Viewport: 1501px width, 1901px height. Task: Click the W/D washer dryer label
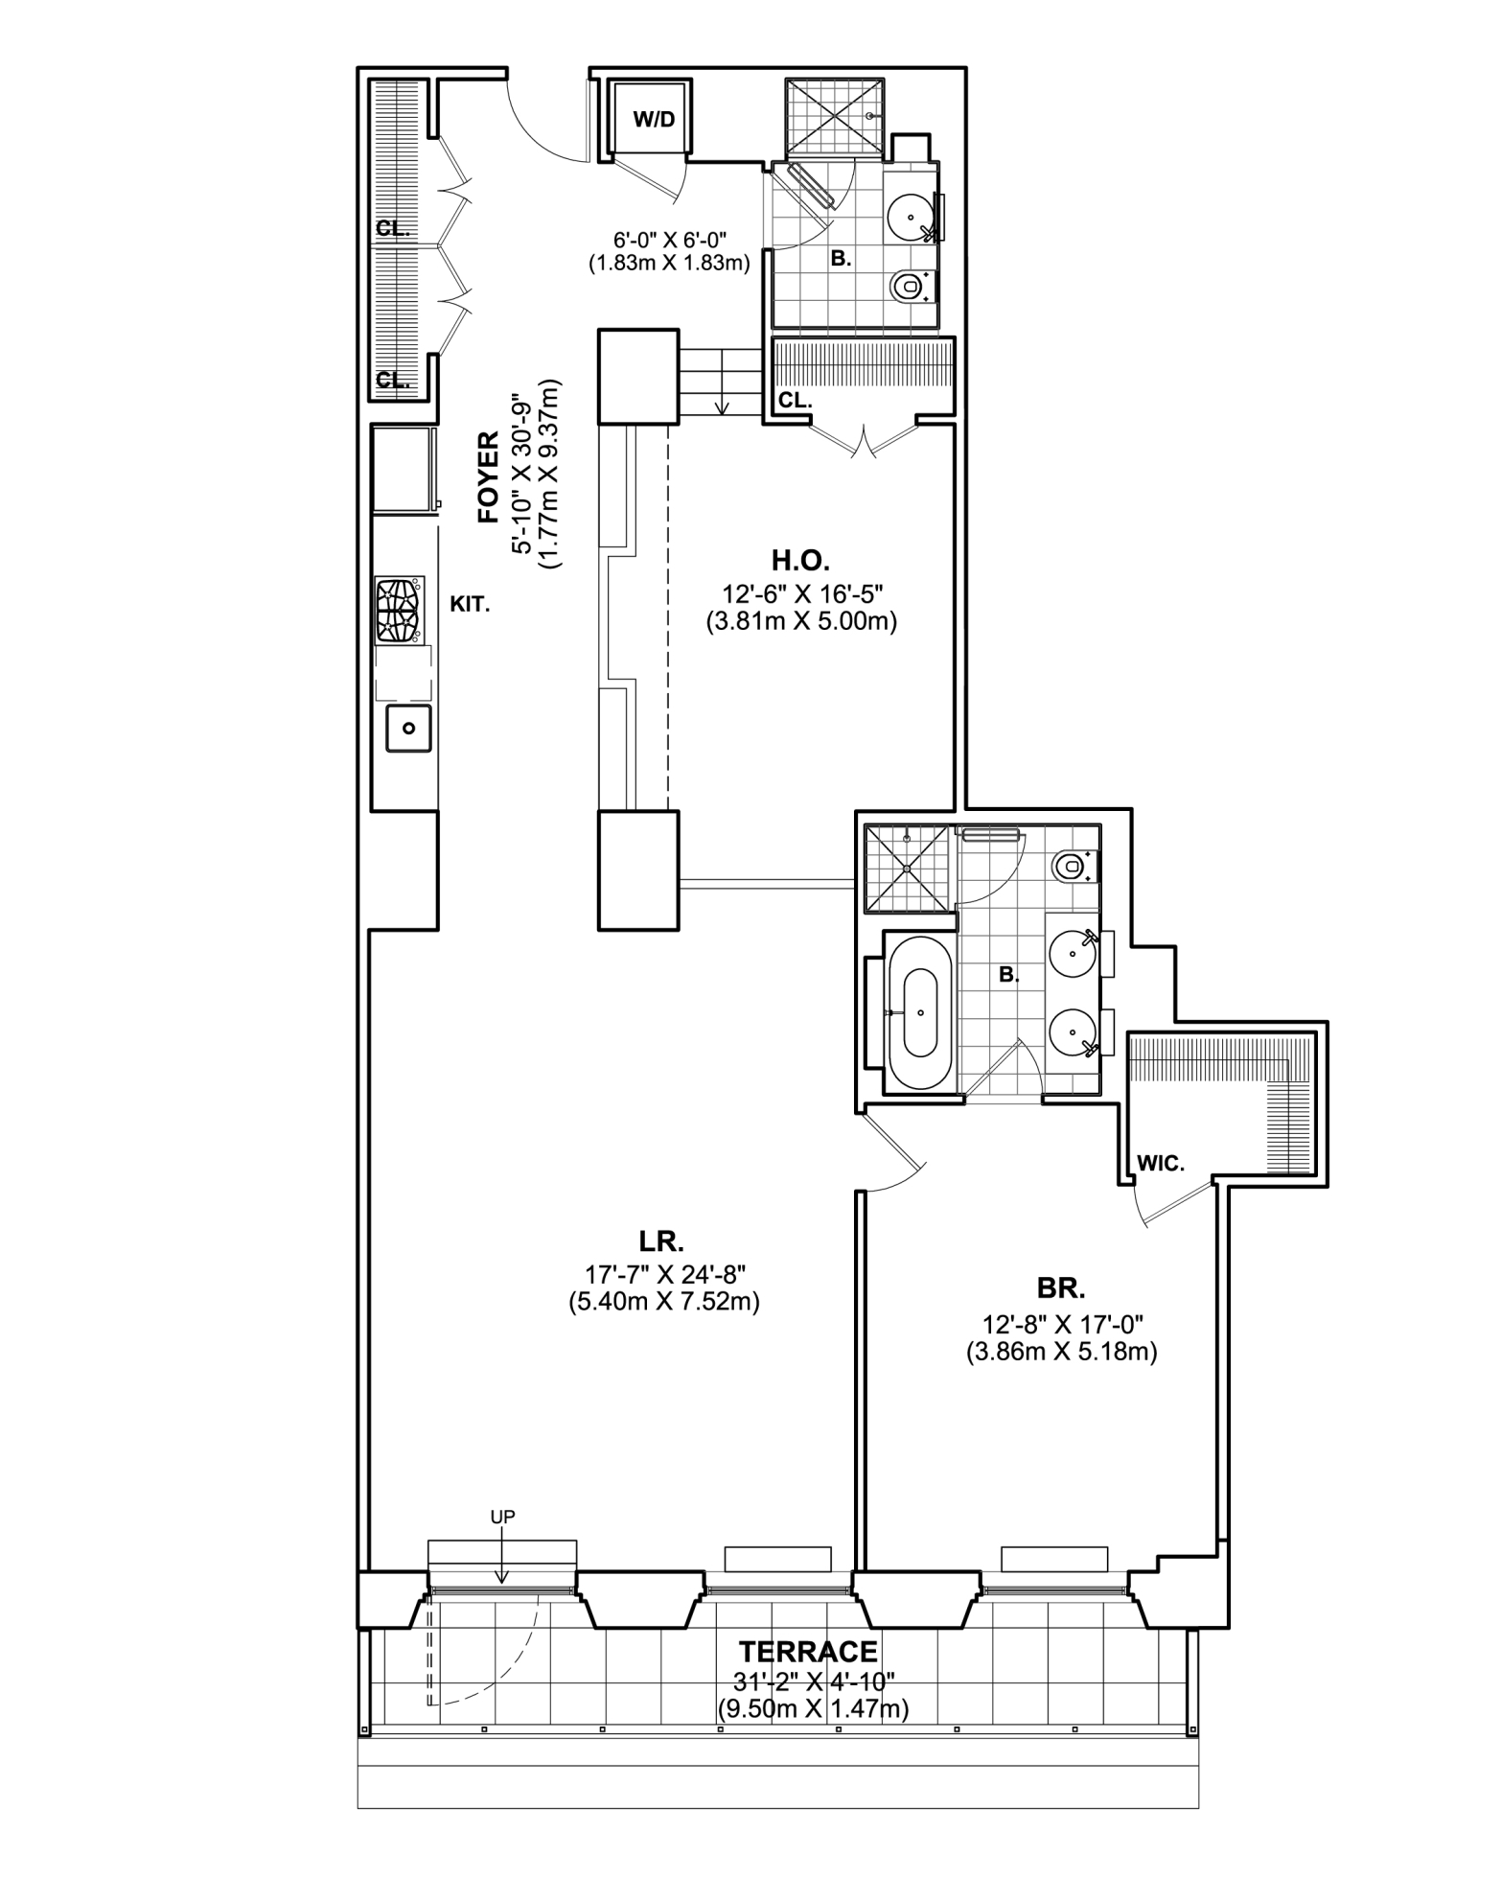654,120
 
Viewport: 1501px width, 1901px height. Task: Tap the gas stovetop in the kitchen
400,610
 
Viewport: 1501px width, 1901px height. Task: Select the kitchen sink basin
409,729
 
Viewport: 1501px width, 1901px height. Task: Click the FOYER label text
489,477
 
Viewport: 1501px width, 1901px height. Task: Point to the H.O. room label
800,560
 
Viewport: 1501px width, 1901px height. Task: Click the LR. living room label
661,1241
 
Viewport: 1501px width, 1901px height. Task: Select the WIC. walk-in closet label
1161,1164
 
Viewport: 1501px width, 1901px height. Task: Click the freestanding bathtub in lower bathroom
920,1012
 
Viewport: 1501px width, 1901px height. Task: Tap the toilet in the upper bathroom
907,285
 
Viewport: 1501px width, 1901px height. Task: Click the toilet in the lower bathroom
1070,867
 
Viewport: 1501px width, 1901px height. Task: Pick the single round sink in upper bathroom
907,218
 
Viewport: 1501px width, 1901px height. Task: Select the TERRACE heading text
808,1652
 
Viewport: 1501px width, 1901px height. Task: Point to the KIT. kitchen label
470,605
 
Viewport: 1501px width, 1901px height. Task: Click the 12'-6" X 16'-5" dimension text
800,594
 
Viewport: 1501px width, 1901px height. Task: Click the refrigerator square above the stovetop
402,470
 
